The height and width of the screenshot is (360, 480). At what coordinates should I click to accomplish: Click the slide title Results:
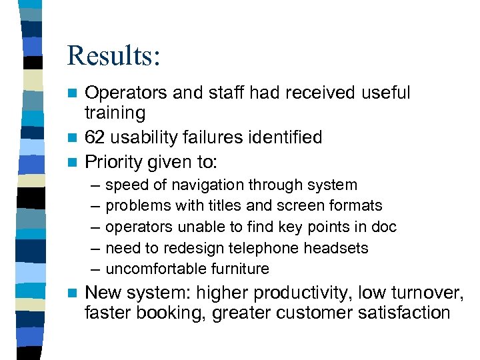tap(113, 55)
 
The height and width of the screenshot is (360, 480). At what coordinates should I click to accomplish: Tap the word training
tap(115, 113)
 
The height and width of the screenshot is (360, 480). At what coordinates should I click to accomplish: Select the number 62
tap(95, 137)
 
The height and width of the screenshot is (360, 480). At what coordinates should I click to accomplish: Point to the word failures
tap(213, 137)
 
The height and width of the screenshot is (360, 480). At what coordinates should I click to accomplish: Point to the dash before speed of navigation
tap(91, 185)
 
